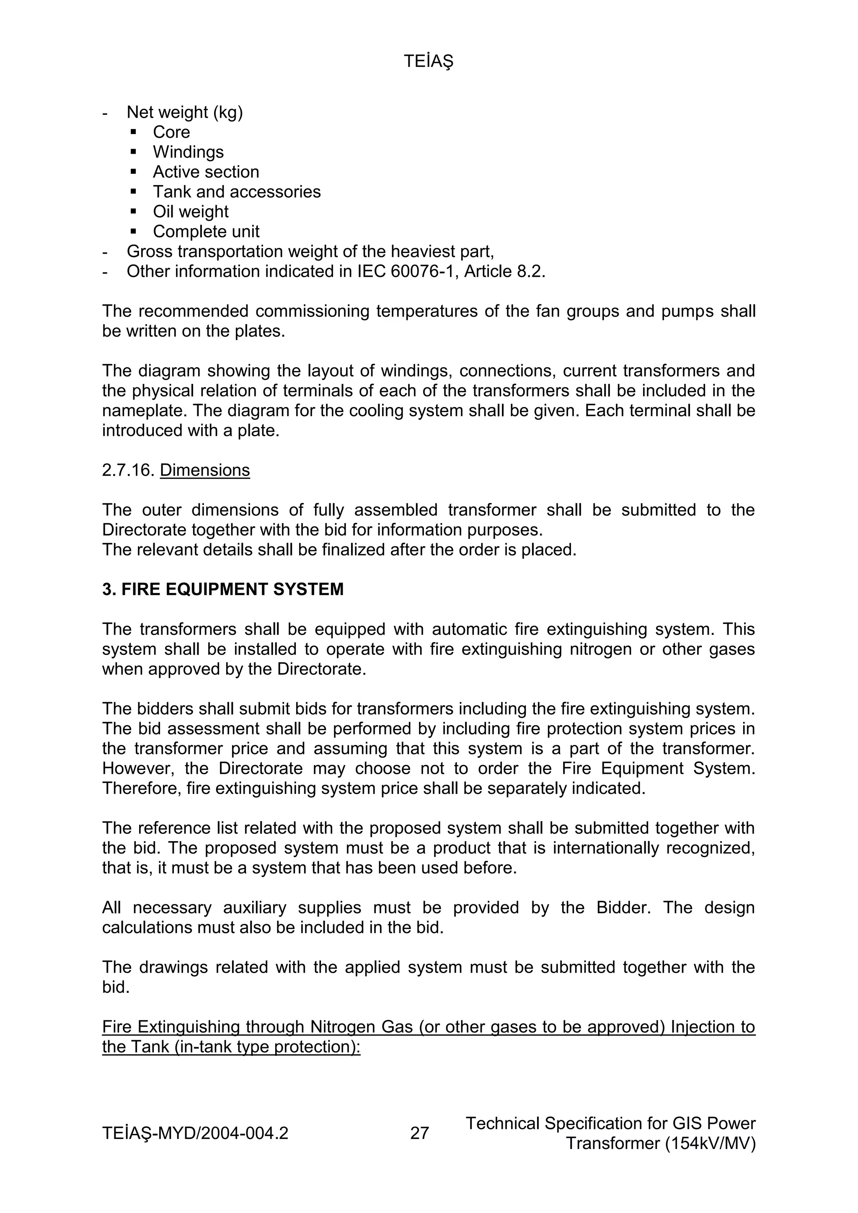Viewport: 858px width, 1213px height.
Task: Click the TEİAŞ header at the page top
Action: [x=428, y=62]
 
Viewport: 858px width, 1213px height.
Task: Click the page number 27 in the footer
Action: [x=419, y=1133]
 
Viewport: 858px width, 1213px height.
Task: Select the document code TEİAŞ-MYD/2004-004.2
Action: [x=195, y=1133]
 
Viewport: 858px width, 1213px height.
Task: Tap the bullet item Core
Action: [x=171, y=132]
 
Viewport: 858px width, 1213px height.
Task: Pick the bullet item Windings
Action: [x=188, y=152]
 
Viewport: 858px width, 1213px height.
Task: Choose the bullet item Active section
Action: [x=206, y=172]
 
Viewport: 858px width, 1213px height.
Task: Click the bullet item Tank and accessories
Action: [x=237, y=192]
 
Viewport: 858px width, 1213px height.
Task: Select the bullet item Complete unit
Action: [x=206, y=232]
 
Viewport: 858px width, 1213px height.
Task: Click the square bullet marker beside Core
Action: [x=133, y=131]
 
